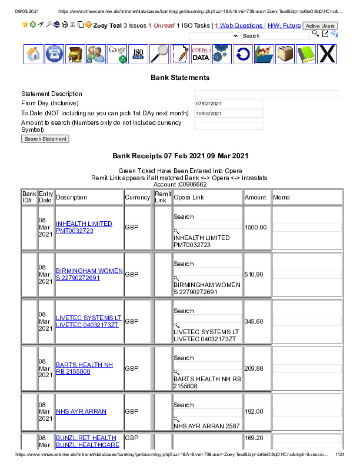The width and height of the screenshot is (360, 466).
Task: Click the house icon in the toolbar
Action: point(34,54)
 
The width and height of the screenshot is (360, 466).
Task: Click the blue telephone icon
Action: point(55,54)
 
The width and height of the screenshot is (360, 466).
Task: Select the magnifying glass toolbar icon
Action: point(159,54)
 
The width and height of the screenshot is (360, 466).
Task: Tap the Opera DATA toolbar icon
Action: point(201,54)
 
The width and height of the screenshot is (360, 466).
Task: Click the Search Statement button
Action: point(45,139)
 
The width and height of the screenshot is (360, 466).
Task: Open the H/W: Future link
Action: point(284,26)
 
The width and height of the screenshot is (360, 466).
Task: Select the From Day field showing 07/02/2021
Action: point(229,104)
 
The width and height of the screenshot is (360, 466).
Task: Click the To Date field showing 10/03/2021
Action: point(229,114)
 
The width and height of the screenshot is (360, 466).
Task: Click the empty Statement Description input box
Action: point(266,94)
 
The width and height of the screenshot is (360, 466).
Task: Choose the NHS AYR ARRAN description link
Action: point(81,412)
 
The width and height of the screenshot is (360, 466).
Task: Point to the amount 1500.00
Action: point(256,227)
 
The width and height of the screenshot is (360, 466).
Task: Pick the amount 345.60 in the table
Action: point(254,321)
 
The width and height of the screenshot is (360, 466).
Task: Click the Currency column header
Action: point(138,198)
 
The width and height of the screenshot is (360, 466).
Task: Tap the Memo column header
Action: point(281,198)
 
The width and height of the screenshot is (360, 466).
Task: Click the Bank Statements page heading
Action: point(180,78)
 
